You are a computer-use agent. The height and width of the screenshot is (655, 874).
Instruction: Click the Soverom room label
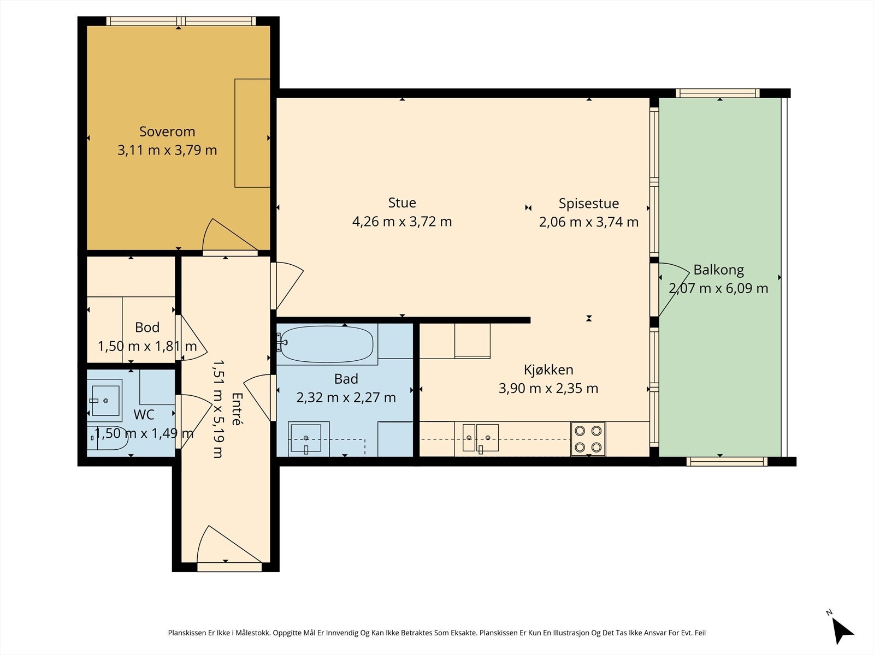(167, 132)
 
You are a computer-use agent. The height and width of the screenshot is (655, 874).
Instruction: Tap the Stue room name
(402, 203)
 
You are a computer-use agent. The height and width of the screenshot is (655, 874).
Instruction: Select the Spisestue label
(589, 204)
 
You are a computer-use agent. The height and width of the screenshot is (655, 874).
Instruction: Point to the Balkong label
(719, 270)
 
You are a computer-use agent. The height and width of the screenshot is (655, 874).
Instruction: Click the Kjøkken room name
(548, 370)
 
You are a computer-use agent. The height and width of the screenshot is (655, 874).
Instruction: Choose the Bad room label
(346, 379)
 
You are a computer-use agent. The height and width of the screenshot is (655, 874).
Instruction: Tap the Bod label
(147, 327)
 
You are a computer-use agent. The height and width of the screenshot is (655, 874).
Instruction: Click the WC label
(144, 415)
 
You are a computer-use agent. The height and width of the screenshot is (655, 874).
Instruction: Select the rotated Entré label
(237, 409)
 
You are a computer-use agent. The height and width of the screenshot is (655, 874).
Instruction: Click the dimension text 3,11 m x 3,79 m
(167, 150)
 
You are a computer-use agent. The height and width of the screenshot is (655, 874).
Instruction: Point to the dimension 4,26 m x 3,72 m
(402, 222)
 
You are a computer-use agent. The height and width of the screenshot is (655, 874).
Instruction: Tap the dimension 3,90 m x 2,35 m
(548, 389)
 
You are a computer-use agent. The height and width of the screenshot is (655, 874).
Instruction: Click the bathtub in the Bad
(327, 344)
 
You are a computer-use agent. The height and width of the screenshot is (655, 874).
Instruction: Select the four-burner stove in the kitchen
(588, 439)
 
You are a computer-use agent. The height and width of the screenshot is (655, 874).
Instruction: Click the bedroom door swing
(230, 235)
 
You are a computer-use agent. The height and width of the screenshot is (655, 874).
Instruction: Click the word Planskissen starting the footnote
(187, 633)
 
